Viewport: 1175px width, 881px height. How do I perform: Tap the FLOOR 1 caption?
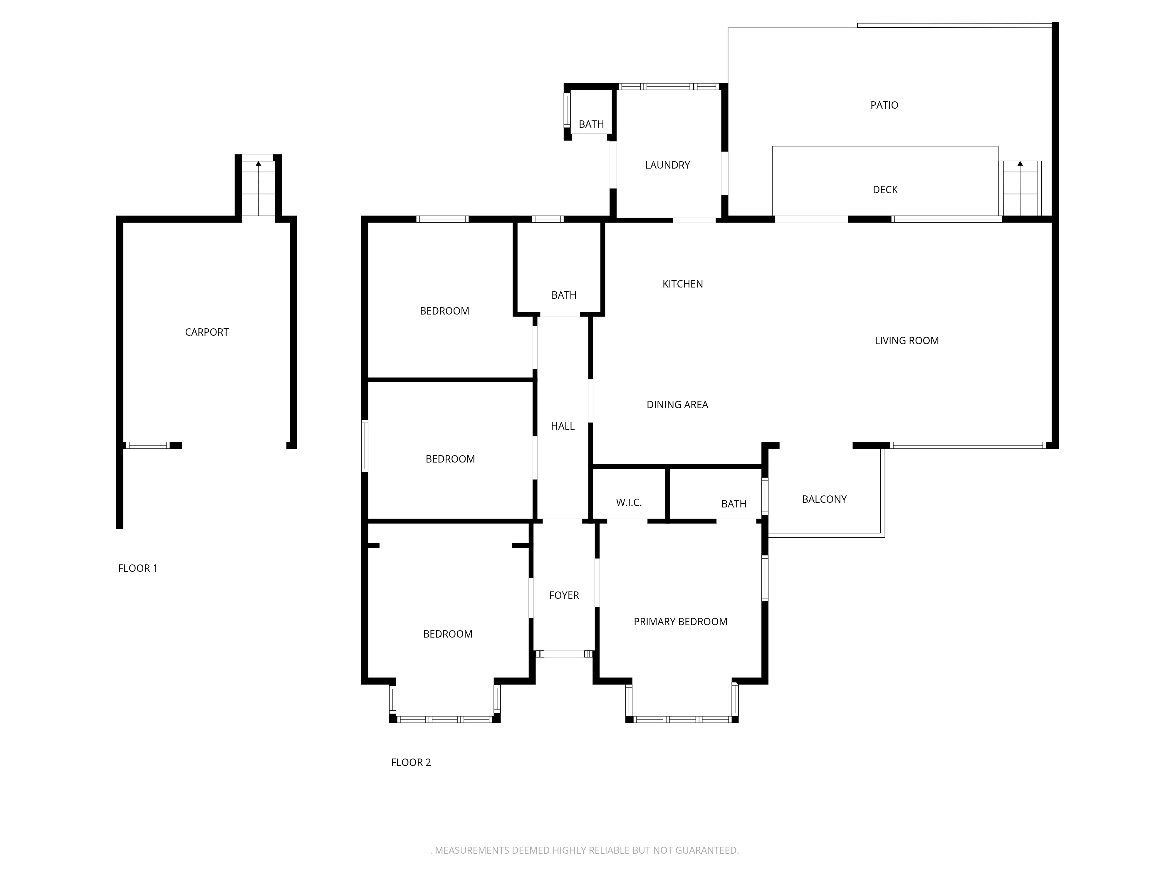[137, 568]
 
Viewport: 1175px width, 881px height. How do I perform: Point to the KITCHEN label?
[683, 284]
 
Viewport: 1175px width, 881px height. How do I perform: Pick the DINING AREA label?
[677, 405]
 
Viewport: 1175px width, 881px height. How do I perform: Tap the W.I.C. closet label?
[629, 502]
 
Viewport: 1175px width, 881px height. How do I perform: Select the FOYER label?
[564, 595]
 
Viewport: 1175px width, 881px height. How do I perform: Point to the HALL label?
[563, 426]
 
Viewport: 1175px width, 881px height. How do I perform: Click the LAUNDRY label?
[667, 165]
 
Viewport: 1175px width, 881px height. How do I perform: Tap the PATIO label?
[884, 105]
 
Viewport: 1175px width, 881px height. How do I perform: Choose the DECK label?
[885, 190]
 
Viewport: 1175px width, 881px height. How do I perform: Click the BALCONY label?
[824, 499]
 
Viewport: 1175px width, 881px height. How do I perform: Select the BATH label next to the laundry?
[591, 124]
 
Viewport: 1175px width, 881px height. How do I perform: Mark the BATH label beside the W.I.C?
[733, 504]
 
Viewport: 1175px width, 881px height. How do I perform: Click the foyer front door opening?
[564, 654]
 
